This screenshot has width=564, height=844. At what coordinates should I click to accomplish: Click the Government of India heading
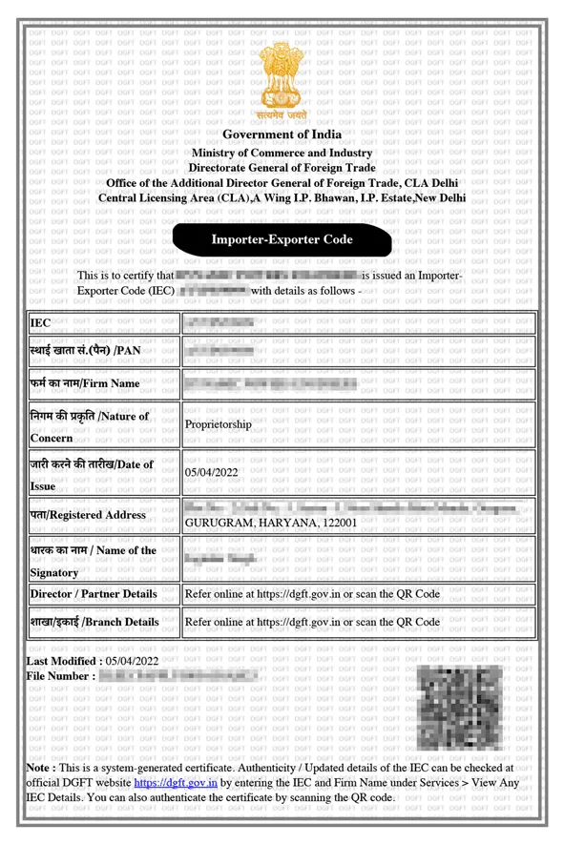(x=282, y=134)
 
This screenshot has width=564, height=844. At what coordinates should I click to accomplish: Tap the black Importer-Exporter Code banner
(x=282, y=239)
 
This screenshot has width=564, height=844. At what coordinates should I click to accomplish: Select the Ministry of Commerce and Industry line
(x=282, y=153)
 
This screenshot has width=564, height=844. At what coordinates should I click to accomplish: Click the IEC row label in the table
(x=40, y=323)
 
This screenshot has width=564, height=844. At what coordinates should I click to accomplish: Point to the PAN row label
(x=85, y=351)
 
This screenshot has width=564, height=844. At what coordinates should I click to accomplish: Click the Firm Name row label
(x=85, y=384)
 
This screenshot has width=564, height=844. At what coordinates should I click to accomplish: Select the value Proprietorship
(x=219, y=424)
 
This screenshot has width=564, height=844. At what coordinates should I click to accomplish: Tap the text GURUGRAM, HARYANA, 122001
(x=271, y=523)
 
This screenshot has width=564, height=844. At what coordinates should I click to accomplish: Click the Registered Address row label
(x=88, y=515)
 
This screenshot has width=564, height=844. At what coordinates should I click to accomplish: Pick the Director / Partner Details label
(x=94, y=593)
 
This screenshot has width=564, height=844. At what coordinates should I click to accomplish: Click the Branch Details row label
(x=94, y=622)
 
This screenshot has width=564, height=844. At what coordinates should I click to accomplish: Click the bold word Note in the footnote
(x=39, y=767)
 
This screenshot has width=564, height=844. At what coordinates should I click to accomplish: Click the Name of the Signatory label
(x=92, y=562)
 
